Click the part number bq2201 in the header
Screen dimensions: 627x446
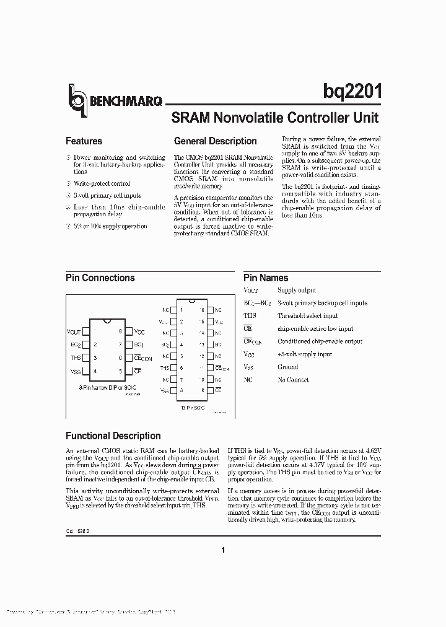351,92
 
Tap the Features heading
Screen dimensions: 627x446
84,141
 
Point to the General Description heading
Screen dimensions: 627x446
215,141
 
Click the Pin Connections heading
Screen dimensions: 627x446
100,278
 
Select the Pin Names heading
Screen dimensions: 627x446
265,278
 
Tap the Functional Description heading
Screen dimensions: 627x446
113,436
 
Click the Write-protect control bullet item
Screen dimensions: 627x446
102,183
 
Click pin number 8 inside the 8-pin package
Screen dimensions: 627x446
120,331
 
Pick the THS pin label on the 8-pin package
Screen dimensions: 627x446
75,358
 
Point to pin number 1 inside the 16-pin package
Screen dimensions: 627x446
180,309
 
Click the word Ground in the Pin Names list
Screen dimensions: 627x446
288,367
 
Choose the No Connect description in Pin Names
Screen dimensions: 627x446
294,380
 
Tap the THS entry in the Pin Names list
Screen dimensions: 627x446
250,315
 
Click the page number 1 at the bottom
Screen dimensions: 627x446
223,550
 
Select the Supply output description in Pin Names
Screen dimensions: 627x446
297,290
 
